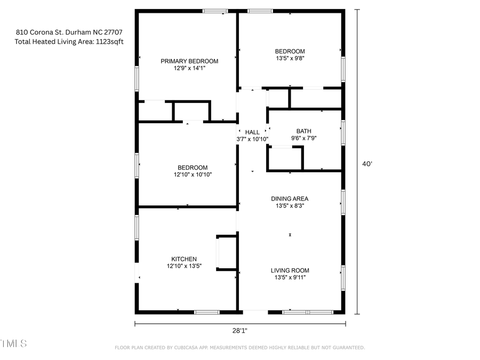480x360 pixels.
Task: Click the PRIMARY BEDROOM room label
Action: coord(189,61)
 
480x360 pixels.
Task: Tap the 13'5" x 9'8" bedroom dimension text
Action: coord(290,59)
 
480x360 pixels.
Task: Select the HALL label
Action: coord(252,132)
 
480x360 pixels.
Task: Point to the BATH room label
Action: coord(303,131)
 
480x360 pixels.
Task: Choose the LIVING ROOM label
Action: coord(290,270)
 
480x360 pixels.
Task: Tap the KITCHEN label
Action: coord(184,259)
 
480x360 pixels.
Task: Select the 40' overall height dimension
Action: coord(367,164)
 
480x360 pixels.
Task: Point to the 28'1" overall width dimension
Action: coord(239,330)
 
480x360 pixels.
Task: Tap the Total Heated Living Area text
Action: coord(69,42)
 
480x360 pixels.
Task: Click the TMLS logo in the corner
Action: coord(13,343)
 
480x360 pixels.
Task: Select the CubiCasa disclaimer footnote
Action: coord(239,348)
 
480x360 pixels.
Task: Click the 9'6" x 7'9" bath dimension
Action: coord(303,139)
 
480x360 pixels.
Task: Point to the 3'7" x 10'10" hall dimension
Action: coord(252,139)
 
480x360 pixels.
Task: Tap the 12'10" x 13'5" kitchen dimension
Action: coord(184,266)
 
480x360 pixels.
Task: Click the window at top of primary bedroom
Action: coord(215,11)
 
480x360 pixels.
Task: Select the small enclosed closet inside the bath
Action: coord(285,158)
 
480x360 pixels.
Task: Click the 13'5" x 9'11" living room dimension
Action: coord(290,277)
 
